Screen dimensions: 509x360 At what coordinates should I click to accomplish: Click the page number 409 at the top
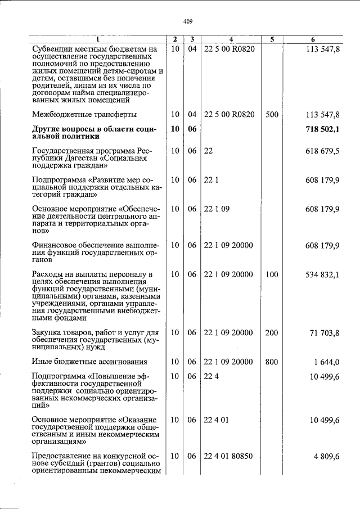pyautogui.click(x=188, y=21)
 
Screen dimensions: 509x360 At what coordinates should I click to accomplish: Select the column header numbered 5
pyautogui.click(x=272, y=39)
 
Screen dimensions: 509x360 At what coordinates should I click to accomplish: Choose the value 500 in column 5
pyautogui.click(x=272, y=114)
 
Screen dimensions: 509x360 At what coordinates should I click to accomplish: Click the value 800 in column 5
pyautogui.click(x=272, y=362)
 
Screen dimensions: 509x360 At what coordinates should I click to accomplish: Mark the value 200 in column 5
pyautogui.click(x=272, y=333)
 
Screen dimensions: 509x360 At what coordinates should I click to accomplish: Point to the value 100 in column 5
pyautogui.click(x=272, y=274)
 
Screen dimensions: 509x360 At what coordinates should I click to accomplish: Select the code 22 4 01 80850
pyautogui.click(x=229, y=456)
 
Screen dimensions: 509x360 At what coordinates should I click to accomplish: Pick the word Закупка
pyautogui.click(x=47, y=333)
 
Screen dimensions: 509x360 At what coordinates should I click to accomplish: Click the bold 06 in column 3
pyautogui.click(x=192, y=129)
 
